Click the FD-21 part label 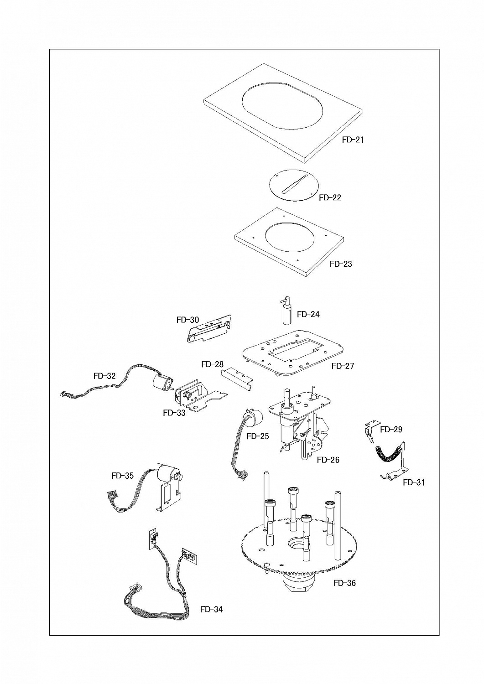[353, 140]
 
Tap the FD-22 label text [330, 197]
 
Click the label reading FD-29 [391, 430]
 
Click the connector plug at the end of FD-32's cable [64, 394]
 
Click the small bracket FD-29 [372, 431]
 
